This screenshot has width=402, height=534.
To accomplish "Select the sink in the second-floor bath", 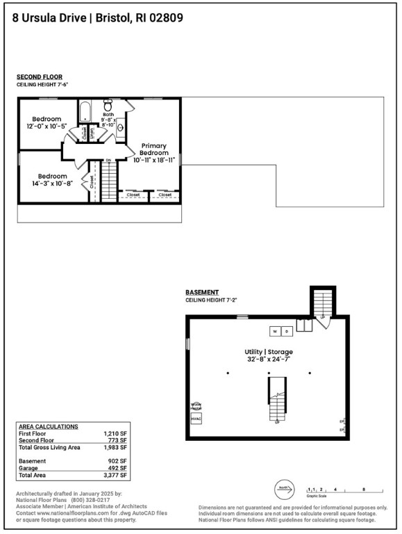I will click(119, 128).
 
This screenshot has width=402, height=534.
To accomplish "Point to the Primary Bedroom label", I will click(153, 149).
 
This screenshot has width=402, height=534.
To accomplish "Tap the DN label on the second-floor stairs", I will click(108, 160).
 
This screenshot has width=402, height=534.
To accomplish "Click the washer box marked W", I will click(275, 331).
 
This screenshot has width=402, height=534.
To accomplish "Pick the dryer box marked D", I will click(287, 331).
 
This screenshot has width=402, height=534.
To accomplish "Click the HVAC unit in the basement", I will click(196, 419).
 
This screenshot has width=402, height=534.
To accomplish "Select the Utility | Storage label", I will click(268, 352).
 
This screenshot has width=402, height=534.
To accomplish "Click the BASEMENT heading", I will click(202, 292).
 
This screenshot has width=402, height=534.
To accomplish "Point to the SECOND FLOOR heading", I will click(40, 76).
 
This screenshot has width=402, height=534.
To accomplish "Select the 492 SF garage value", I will click(119, 468).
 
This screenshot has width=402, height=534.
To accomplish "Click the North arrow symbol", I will click(283, 487).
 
